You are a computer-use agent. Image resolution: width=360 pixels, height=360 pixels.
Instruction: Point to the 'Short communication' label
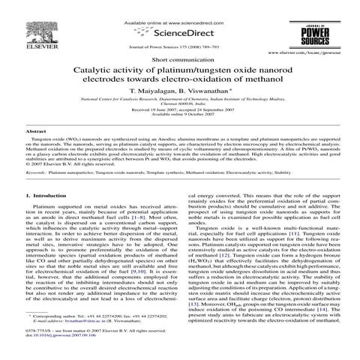click(180, 59)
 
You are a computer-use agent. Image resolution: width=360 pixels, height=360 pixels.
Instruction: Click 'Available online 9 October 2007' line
click(180, 126)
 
